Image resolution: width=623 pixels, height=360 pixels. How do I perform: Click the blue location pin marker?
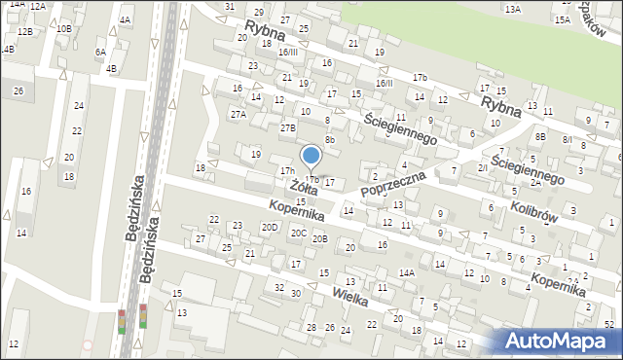pyautogui.click(x=311, y=156)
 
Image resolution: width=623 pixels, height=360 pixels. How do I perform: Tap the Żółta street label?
pyautogui.click(x=303, y=187)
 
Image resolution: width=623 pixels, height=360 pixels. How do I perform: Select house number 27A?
pyautogui.click(x=238, y=115)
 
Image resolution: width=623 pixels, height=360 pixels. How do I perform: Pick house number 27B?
pyautogui.click(x=288, y=127)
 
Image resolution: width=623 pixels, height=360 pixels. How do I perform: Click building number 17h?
pyautogui.click(x=287, y=171)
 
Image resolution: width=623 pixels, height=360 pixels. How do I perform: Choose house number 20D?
pyautogui.click(x=270, y=228)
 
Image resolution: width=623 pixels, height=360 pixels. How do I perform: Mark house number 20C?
pyautogui.click(x=299, y=234)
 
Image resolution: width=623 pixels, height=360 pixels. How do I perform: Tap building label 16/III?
pyautogui.click(x=288, y=52)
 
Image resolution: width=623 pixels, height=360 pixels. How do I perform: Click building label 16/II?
pyautogui.click(x=385, y=84)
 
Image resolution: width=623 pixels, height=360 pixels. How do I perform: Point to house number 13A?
pyautogui.click(x=513, y=9)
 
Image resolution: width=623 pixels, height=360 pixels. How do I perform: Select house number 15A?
pyautogui.click(x=562, y=19)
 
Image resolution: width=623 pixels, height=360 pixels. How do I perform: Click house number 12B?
pyautogui.click(x=24, y=32)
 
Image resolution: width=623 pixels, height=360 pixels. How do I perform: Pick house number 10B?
pyautogui.click(x=63, y=29)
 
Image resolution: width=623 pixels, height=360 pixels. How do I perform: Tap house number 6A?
pyautogui.click(x=100, y=53)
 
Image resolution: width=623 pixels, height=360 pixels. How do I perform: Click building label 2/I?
pyautogui.click(x=483, y=167)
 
